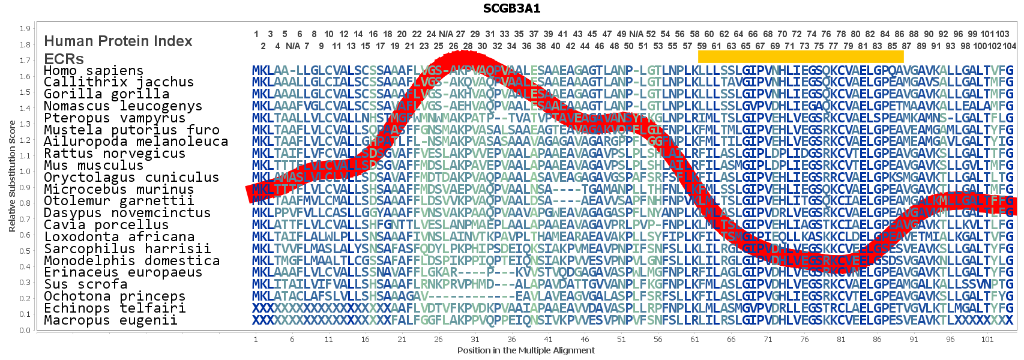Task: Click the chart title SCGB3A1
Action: point(511,8)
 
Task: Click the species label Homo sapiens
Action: point(94,71)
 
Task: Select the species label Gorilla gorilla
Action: point(106,94)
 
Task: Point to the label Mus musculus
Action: point(94,166)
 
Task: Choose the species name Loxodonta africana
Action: point(119,237)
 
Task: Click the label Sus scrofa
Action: point(85,284)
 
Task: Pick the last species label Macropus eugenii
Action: point(110,320)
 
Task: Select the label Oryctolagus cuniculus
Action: point(131,178)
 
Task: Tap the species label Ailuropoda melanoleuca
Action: point(136,142)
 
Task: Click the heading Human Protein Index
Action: point(118,41)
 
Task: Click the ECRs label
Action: point(64,59)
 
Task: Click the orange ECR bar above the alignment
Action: point(800,56)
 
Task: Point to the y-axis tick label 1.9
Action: point(25,29)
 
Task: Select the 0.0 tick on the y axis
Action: point(25,330)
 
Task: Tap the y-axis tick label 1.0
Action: point(25,172)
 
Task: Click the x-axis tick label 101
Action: point(987,340)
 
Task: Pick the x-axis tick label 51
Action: point(621,340)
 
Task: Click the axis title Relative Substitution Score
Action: point(12,176)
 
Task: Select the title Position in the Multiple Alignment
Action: point(526,350)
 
